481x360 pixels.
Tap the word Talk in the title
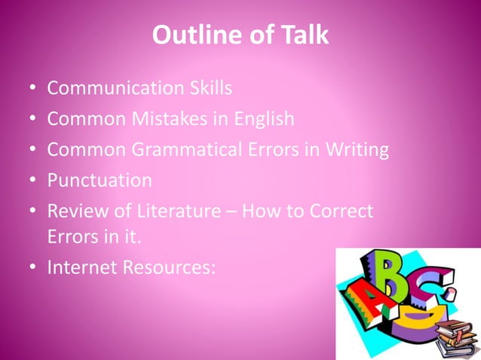tap(302, 35)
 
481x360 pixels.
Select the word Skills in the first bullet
tap(207, 88)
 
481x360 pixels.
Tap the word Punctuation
tap(99, 181)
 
